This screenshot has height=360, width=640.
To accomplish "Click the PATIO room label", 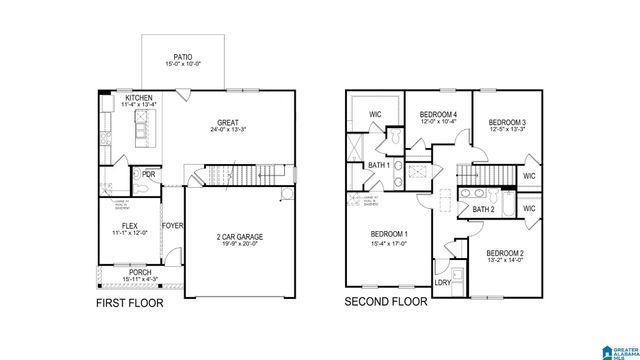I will tap(182, 56).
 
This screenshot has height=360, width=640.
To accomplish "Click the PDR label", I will tap(149, 174).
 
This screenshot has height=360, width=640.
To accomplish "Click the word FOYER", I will tap(172, 226).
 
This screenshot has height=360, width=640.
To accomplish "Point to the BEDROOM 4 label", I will tap(438, 114).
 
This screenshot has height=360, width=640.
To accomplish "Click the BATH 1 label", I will tap(379, 165).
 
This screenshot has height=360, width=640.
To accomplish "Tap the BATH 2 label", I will tap(484, 209).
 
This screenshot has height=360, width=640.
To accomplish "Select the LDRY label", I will tap(441, 283).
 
